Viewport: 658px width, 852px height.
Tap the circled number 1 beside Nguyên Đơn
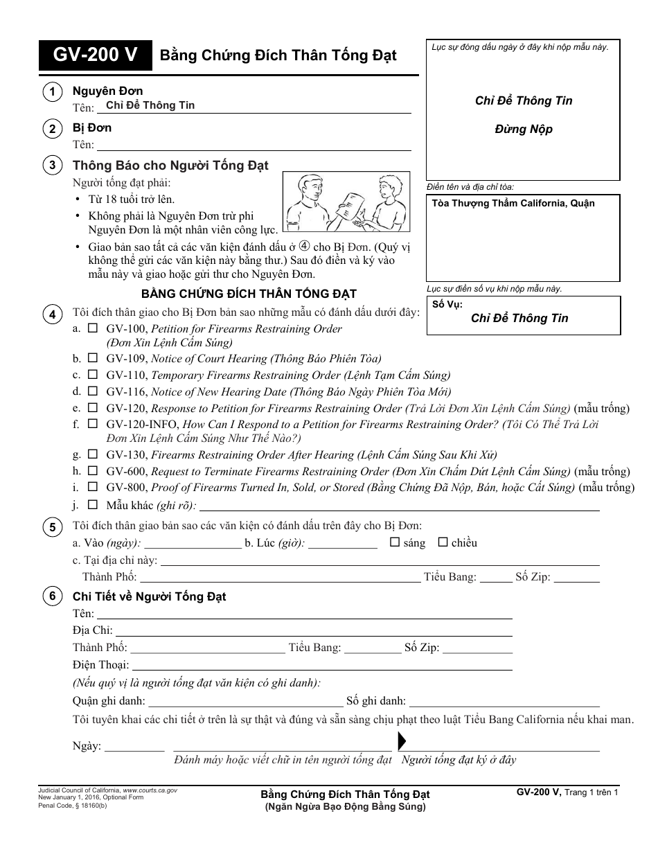51,92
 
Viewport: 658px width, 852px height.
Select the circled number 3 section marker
51,166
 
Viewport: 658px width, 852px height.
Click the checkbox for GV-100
93,328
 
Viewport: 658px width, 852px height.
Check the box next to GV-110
93,375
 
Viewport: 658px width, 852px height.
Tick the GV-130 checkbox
93,454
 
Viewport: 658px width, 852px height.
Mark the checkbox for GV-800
93,487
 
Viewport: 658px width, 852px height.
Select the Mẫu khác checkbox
93,504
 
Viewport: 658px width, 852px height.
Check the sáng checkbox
395,542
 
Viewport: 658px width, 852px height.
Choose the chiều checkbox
443,542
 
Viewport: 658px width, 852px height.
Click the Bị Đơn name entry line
254,145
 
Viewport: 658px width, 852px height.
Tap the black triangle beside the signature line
402,742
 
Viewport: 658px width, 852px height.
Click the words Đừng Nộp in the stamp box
524,130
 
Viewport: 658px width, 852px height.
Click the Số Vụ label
447,304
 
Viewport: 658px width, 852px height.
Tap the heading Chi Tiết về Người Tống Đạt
149,596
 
